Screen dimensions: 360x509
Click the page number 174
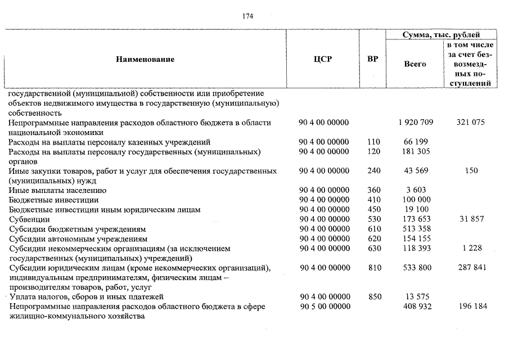(x=247, y=16)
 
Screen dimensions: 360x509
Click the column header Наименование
(x=145, y=60)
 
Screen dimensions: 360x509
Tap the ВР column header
(x=372, y=59)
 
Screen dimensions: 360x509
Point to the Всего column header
(x=415, y=64)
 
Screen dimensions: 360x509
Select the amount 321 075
(x=471, y=123)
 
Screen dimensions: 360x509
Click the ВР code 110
(x=373, y=142)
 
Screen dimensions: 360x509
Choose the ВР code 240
(x=373, y=171)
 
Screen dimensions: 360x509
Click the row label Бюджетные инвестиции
(x=53, y=200)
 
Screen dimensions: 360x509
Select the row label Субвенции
(x=29, y=219)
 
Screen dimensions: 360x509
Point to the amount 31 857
(x=471, y=219)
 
